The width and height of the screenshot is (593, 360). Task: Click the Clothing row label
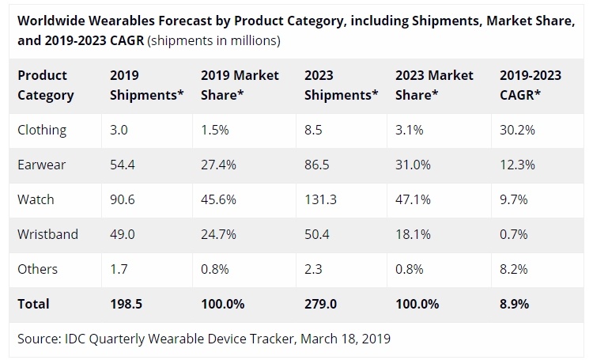pos(42,130)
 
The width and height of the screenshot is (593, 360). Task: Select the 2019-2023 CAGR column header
pos(531,85)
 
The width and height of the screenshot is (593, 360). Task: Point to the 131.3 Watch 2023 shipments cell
pos(320,199)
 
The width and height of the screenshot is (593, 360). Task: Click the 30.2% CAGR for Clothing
pos(518,130)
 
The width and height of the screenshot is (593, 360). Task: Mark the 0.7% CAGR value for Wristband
pos(515,234)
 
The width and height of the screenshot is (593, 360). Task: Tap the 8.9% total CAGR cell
pos(515,304)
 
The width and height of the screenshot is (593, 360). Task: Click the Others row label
pos(37,269)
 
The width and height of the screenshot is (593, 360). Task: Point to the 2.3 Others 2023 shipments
pos(314,269)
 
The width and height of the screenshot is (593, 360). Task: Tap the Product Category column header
pos(46,85)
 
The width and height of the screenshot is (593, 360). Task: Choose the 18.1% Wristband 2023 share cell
pos(414,234)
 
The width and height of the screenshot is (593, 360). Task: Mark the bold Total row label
pos(34,304)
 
